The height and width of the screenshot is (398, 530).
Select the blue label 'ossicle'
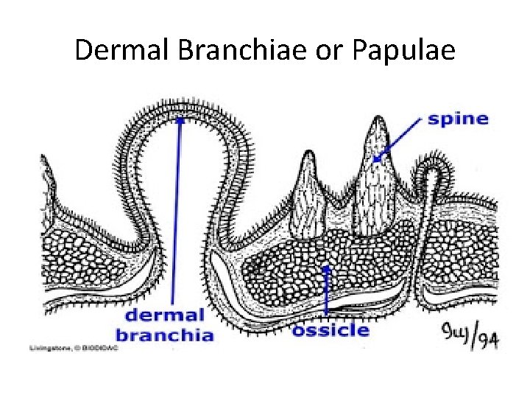pyautogui.click(x=331, y=329)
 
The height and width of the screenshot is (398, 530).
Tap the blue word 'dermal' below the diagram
pyautogui.click(x=164, y=316)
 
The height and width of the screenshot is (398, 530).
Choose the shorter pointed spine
pyautogui.click(x=309, y=192)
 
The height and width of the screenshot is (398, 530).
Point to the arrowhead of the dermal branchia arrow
pyautogui.click(x=178, y=123)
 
